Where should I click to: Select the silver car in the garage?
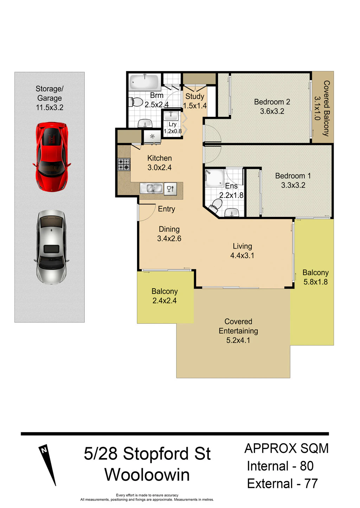click(51, 247)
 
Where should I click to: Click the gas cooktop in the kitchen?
click(124, 165)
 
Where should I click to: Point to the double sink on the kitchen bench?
click(151, 188)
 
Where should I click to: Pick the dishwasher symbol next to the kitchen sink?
click(170, 188)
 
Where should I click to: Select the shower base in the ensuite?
click(214, 178)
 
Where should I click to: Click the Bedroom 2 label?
click(272, 102)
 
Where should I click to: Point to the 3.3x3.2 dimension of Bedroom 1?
click(293, 185)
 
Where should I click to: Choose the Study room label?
click(195, 96)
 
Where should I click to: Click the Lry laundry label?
click(172, 124)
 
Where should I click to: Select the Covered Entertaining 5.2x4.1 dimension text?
click(238, 340)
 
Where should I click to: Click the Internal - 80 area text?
click(280, 466)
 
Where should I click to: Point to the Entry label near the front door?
click(167, 209)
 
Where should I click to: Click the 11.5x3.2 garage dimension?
click(50, 107)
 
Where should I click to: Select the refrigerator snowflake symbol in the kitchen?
click(153, 136)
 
